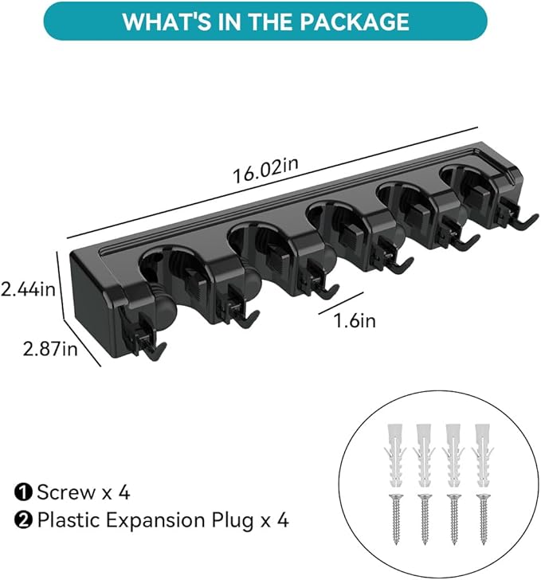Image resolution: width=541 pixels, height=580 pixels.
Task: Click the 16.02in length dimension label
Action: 265,170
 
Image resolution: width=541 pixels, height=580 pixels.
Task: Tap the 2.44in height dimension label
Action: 28,289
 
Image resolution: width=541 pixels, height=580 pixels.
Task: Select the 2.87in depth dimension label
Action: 50,348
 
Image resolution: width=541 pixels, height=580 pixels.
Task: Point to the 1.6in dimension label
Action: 355,320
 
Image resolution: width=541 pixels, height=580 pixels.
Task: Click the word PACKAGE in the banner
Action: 355,22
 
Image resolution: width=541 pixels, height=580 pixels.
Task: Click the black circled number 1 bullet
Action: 23,493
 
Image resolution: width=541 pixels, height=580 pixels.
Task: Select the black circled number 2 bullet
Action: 23,521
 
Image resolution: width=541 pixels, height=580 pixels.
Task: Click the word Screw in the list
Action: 66,492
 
